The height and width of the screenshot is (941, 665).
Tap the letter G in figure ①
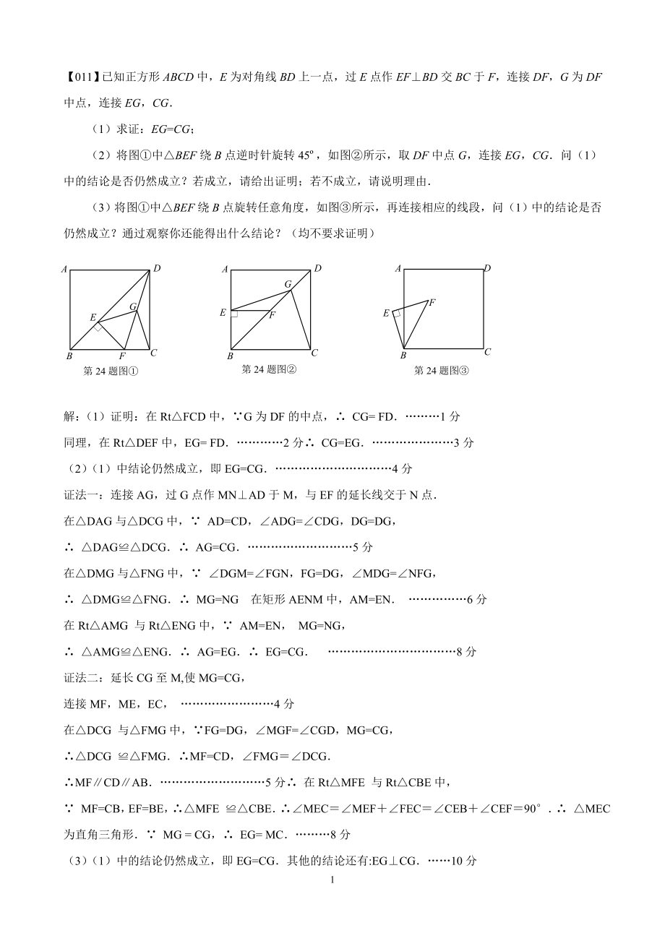133,306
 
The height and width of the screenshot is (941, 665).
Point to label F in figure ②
272,314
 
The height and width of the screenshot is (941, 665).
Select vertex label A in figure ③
398,268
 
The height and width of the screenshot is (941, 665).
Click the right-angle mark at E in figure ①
97,327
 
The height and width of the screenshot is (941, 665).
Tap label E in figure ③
386,312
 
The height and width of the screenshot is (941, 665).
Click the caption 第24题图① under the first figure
111,371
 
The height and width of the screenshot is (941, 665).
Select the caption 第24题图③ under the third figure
442,371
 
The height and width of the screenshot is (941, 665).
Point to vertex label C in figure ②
314,353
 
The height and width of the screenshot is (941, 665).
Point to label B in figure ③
403,355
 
